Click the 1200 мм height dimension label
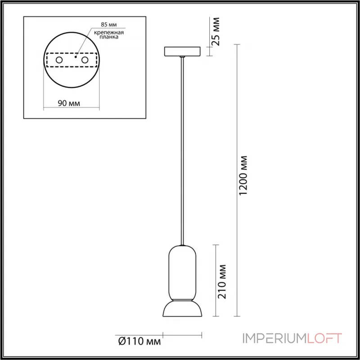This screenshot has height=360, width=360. (243, 176)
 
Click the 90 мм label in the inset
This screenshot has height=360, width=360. (70, 103)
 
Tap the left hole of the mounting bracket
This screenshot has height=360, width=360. (58, 59)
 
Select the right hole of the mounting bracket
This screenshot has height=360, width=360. (85, 59)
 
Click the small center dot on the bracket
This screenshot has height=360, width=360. (76, 58)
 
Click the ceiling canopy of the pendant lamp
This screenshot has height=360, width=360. (182, 51)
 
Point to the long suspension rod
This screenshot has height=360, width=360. (182, 148)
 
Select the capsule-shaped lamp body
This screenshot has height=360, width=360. (182, 272)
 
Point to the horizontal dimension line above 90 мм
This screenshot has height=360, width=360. (71, 108)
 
